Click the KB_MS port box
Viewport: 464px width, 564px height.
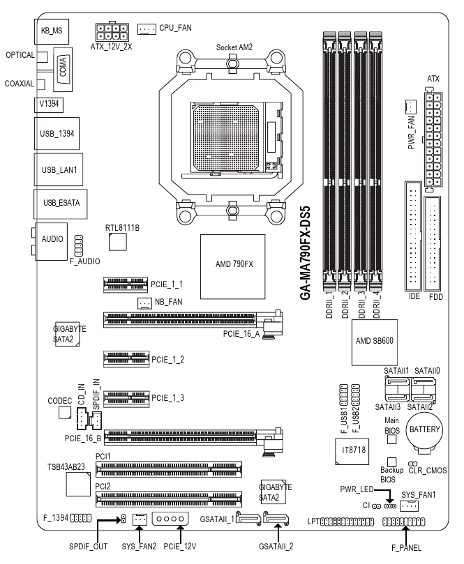(52, 31)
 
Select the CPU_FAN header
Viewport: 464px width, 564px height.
(147, 29)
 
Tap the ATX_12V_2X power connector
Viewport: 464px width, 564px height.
(112, 31)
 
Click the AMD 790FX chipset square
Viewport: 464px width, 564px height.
(232, 266)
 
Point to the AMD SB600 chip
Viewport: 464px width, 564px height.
(375, 342)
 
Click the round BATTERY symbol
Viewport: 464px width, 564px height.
(424, 431)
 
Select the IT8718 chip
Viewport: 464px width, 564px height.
(352, 451)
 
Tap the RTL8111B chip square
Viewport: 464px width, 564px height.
(118, 242)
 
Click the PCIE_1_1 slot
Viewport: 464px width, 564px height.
(126, 284)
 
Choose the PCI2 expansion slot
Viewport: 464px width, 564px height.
(168, 499)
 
